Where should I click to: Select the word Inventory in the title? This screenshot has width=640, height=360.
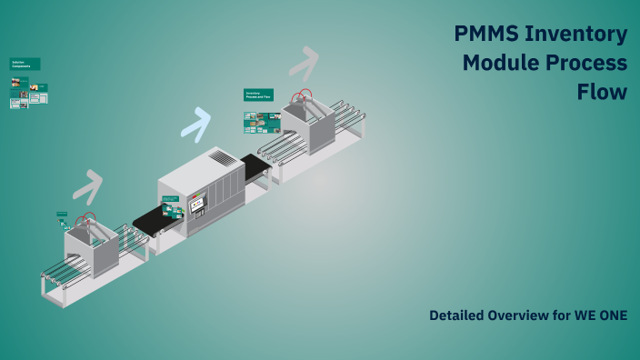click(583, 35)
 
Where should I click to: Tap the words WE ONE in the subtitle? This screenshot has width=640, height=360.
click(601, 315)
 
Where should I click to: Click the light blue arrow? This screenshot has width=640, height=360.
click(196, 124)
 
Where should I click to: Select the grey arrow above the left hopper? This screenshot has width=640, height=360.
click(87, 186)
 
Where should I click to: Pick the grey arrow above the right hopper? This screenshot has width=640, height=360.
click(304, 63)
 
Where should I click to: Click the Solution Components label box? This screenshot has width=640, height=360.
click(25, 64)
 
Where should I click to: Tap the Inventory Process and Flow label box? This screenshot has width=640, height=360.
click(258, 94)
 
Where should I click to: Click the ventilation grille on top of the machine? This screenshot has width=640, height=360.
click(224, 158)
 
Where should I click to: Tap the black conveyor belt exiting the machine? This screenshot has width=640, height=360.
click(255, 166)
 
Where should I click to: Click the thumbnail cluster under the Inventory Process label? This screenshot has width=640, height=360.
click(261, 122)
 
